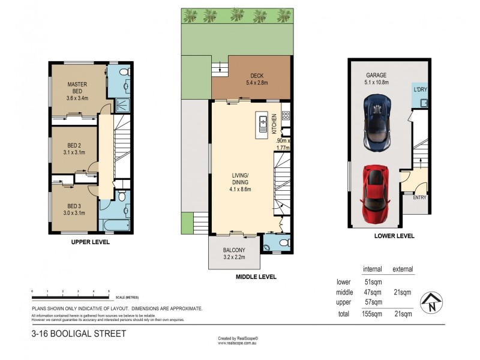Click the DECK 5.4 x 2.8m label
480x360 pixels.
click(257, 79)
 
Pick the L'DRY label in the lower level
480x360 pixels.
click(419, 90)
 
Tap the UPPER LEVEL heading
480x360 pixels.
click(90, 242)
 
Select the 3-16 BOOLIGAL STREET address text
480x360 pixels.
click(79, 333)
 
